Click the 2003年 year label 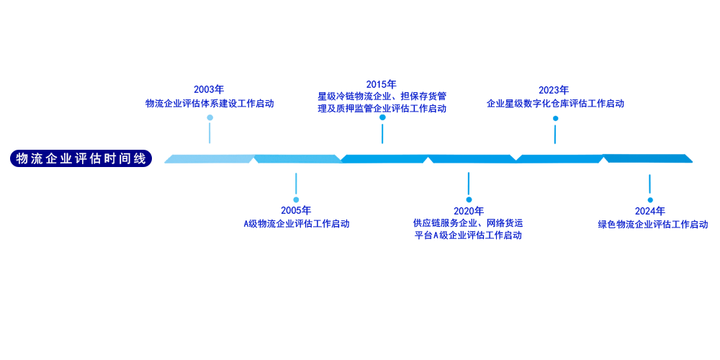[209, 89]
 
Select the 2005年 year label [295, 210]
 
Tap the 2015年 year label [382, 84]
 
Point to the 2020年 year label [468, 211]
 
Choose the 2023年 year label [554, 90]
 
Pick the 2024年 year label [649, 211]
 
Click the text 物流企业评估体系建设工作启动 [210, 103]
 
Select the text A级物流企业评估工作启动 [296, 224]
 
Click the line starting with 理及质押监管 [382, 109]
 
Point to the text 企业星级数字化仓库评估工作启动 [555, 104]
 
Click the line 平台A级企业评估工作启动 [468, 235]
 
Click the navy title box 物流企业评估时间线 [81, 158]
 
